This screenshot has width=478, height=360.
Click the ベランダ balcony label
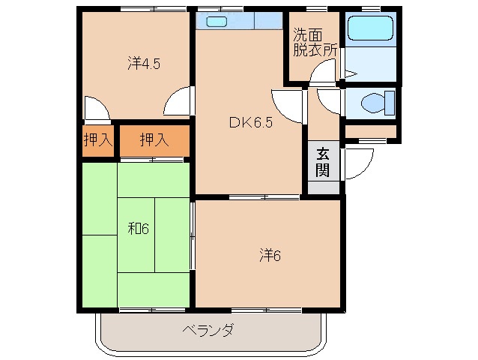[209, 329]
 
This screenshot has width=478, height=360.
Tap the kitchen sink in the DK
[218, 22]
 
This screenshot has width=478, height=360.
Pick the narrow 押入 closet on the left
[97, 139]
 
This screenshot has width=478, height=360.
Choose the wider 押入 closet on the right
[154, 139]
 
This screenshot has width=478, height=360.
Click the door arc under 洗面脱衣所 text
[324, 73]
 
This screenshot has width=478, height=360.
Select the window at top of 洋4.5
[154, 9]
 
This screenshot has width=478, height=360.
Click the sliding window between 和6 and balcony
[154, 309]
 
